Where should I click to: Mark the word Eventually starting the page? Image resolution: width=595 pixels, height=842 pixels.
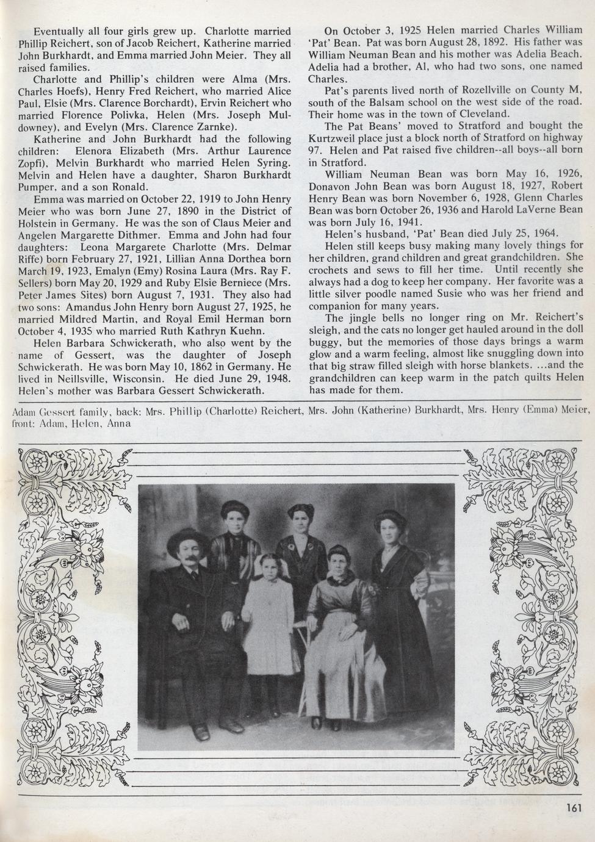click(58, 31)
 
